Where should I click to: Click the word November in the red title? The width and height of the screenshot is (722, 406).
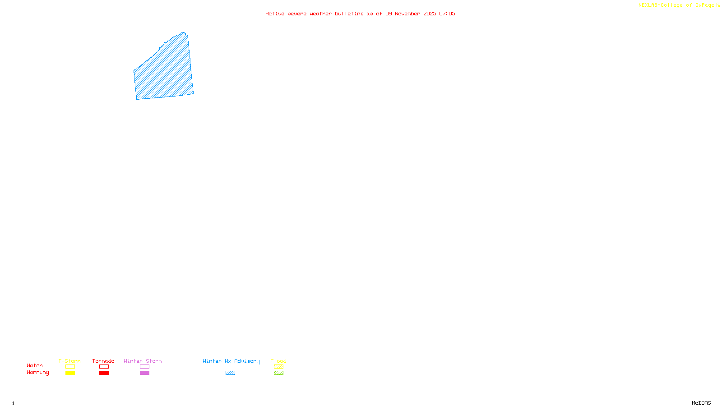pos(407,14)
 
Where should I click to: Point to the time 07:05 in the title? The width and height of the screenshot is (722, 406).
pos(447,14)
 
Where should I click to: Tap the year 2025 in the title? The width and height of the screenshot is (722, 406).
pos(430,14)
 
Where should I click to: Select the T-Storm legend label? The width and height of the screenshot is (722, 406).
pos(69,361)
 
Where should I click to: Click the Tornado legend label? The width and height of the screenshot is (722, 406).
pos(103,361)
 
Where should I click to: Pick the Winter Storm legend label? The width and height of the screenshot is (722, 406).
pos(143,361)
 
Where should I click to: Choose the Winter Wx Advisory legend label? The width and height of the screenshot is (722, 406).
pos(231,361)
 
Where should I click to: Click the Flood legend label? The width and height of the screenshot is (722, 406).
pos(278,361)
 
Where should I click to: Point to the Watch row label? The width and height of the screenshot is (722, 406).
pos(35,365)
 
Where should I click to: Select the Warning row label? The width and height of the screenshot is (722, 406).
pos(37,373)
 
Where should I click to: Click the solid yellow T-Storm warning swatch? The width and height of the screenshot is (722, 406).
pos(70,373)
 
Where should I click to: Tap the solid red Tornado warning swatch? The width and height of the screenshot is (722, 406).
pos(104,373)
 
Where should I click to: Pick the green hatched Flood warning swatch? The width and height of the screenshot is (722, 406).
pos(278,373)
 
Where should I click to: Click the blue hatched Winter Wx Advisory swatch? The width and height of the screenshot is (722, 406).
pos(230,373)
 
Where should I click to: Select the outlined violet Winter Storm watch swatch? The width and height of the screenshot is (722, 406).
pos(144,367)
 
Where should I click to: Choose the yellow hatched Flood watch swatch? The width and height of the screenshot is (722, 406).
pos(278,367)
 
